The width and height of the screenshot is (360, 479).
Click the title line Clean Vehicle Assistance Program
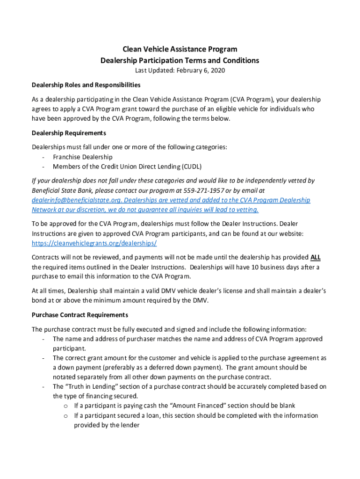180,49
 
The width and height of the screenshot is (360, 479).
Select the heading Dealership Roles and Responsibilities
86,85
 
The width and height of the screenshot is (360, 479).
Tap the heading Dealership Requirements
69,133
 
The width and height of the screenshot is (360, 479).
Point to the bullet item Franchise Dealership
82,157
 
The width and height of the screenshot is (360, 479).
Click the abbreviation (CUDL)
192,167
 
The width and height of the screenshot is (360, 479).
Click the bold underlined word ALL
316,257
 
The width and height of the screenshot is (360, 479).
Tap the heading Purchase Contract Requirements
79,315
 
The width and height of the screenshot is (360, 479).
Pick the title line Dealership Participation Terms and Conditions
180,60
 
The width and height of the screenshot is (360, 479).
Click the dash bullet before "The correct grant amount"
43,358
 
